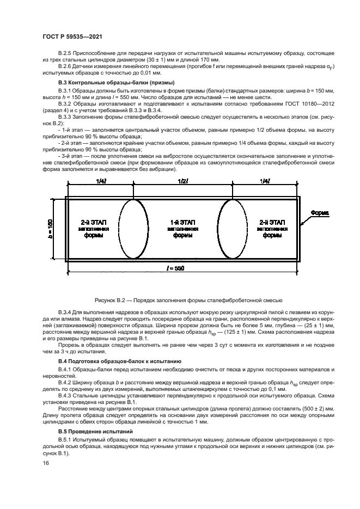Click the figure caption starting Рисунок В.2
pos(180,301)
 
